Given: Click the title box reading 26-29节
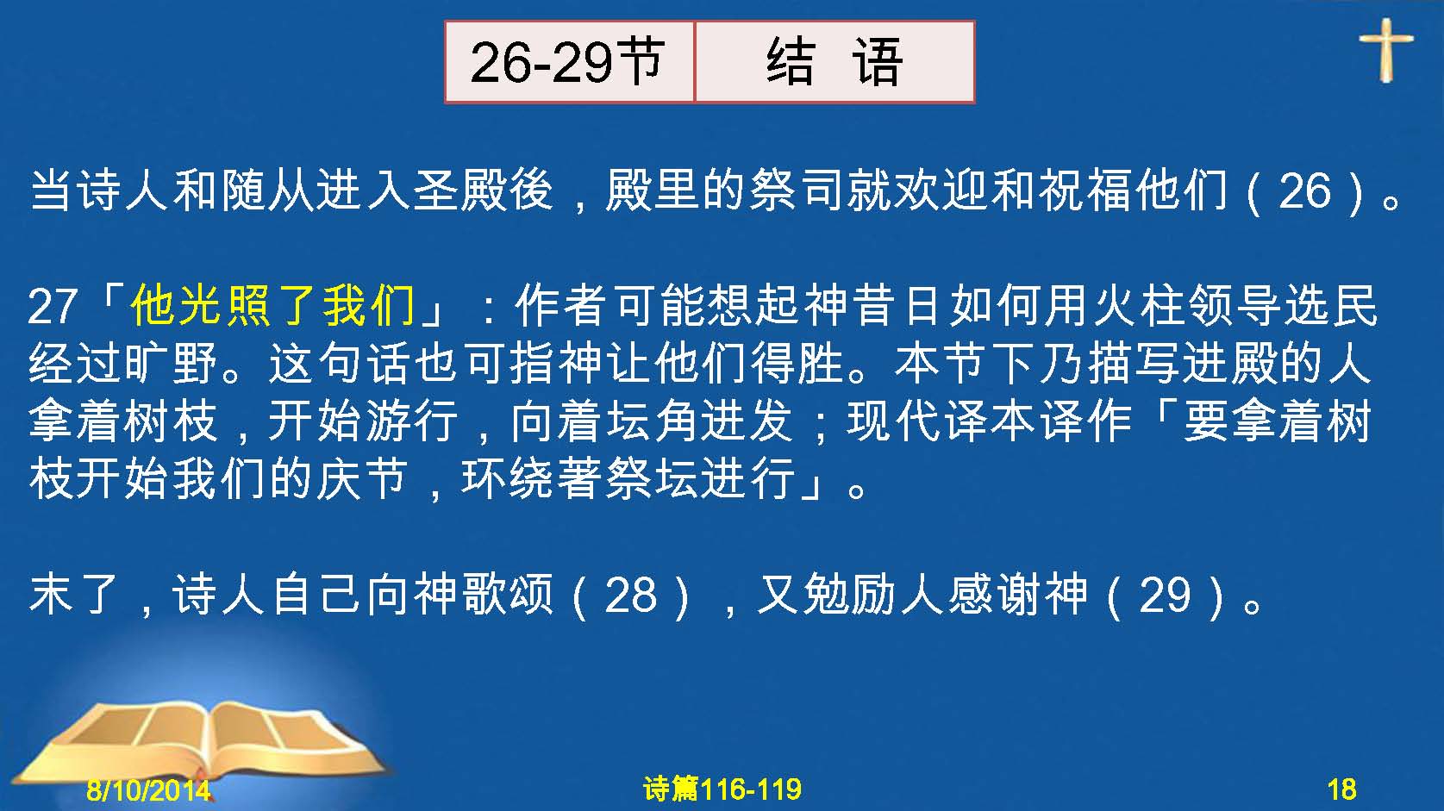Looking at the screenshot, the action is point(569,62).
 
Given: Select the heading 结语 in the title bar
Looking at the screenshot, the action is point(835,62).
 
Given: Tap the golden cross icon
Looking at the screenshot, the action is point(1385,50).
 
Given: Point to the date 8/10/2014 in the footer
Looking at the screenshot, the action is point(148,789).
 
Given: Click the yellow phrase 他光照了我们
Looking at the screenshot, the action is point(272,305).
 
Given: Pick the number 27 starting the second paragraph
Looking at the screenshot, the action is point(53,306).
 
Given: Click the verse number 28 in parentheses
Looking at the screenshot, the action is point(630,595).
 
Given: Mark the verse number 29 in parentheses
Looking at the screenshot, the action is point(1164,595).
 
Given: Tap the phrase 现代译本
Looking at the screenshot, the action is point(941,421).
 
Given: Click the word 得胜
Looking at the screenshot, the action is point(798,363).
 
